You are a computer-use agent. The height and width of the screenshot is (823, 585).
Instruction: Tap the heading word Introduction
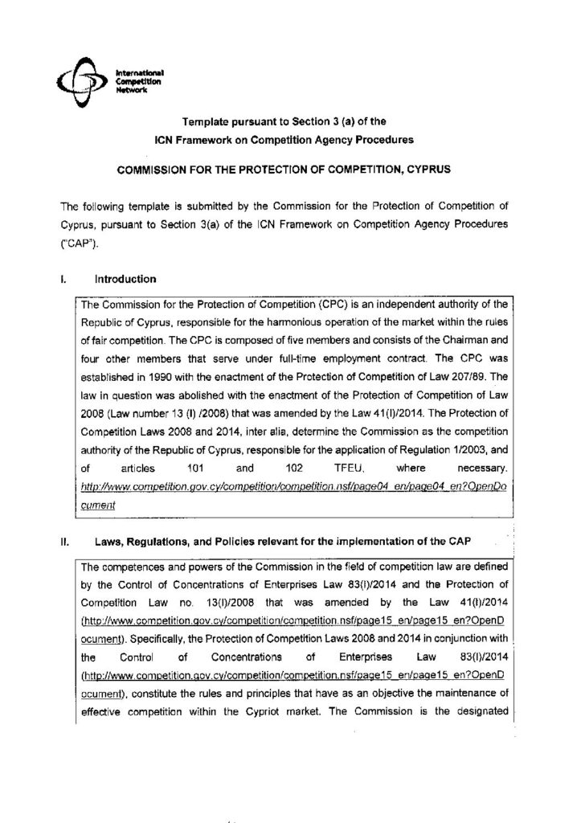(x=125, y=280)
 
